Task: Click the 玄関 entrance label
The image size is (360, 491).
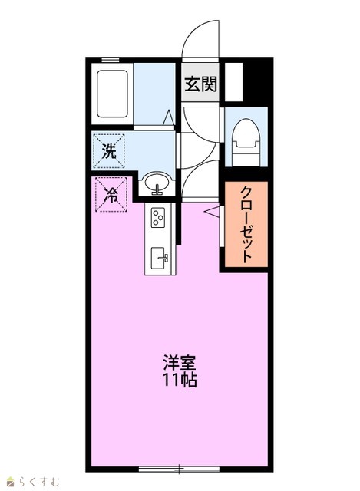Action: click(200, 84)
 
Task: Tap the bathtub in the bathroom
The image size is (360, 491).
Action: click(112, 94)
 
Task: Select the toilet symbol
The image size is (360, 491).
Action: click(246, 143)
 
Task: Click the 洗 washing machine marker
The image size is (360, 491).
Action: click(109, 152)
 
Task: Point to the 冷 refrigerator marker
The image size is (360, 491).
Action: click(111, 195)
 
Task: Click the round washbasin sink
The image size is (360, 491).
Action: click(157, 184)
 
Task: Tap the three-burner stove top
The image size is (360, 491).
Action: click(158, 218)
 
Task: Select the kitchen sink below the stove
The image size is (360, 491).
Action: click(159, 259)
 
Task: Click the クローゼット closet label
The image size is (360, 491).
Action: click(246, 225)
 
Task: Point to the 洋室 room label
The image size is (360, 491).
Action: click(180, 363)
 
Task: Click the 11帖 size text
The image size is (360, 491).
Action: click(180, 381)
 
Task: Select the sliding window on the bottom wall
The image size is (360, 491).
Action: click(179, 469)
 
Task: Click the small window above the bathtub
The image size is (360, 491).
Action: click(111, 60)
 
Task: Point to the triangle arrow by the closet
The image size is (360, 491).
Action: click(212, 211)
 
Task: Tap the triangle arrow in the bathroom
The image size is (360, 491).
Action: click(170, 117)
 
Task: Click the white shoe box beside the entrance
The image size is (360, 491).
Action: click(234, 82)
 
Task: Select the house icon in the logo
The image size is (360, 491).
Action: click(12, 482)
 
